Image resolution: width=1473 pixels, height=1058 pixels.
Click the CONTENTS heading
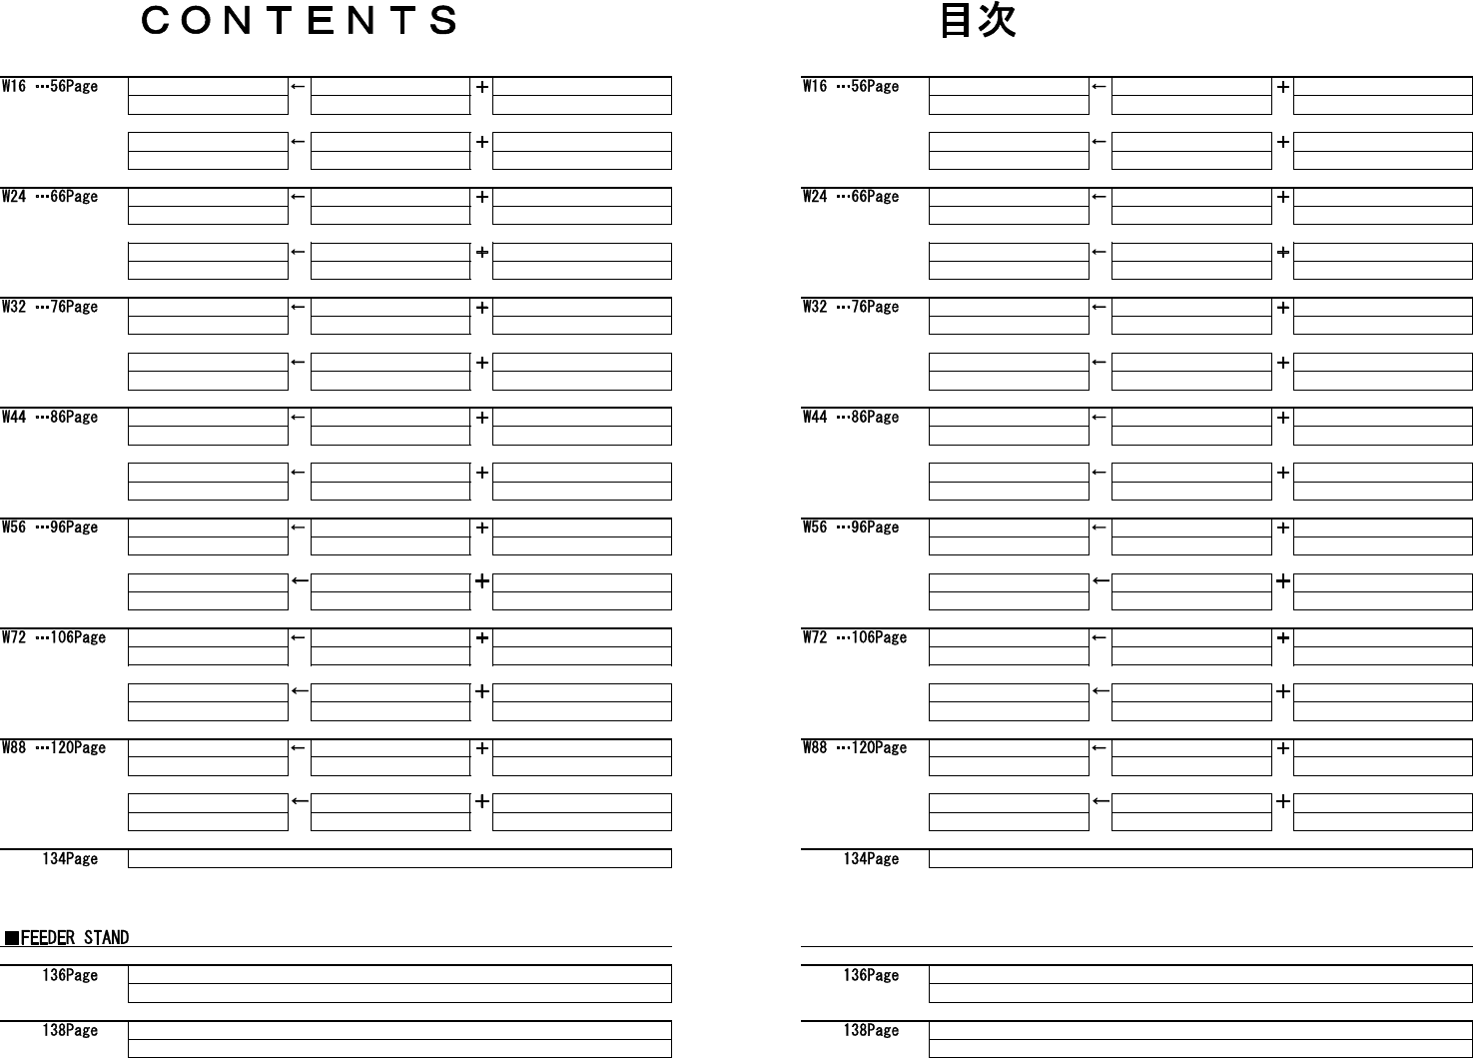click(x=300, y=21)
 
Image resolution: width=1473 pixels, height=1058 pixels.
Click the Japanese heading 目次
click(x=978, y=21)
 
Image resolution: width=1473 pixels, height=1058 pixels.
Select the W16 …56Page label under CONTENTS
click(x=50, y=87)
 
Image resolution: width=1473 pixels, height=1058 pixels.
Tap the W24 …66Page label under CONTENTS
click(x=50, y=197)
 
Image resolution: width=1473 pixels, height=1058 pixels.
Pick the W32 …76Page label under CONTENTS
click(x=50, y=307)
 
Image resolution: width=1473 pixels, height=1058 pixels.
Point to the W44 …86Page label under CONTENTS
click(x=50, y=418)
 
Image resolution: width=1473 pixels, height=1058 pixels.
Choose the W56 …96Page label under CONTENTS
click(x=50, y=528)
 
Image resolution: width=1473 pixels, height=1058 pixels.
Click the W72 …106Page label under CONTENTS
click(x=54, y=637)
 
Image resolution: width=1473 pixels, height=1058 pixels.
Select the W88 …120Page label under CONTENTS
click(x=54, y=748)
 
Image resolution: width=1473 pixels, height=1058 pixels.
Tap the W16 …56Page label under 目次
click(x=851, y=87)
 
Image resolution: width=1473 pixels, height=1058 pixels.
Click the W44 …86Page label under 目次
click(x=851, y=418)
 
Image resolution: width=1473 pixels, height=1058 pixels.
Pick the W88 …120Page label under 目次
click(x=855, y=748)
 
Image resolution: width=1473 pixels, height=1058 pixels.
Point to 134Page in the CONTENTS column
click(x=70, y=859)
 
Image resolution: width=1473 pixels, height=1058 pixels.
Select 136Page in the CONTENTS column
click(x=70, y=975)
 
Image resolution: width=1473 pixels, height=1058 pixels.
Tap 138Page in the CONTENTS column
click(x=70, y=1031)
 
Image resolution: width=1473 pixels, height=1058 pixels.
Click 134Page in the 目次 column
click(x=871, y=859)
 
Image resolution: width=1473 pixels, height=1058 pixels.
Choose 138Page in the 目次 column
click(x=871, y=1031)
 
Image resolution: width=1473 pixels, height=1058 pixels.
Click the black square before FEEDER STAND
click(x=11, y=938)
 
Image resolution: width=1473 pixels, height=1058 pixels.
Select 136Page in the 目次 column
click(x=871, y=975)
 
